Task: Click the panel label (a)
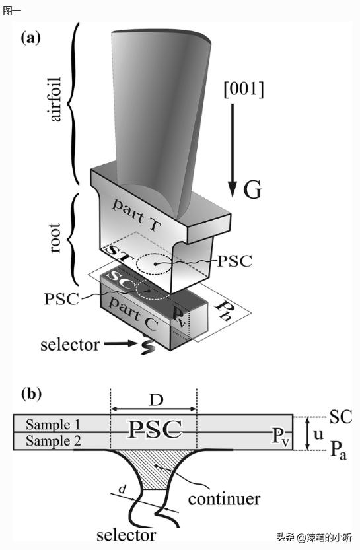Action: [30, 38]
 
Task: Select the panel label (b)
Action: [31, 394]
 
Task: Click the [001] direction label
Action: [244, 90]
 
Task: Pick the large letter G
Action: [252, 190]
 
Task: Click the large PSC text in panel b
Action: [155, 430]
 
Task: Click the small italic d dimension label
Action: [122, 489]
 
